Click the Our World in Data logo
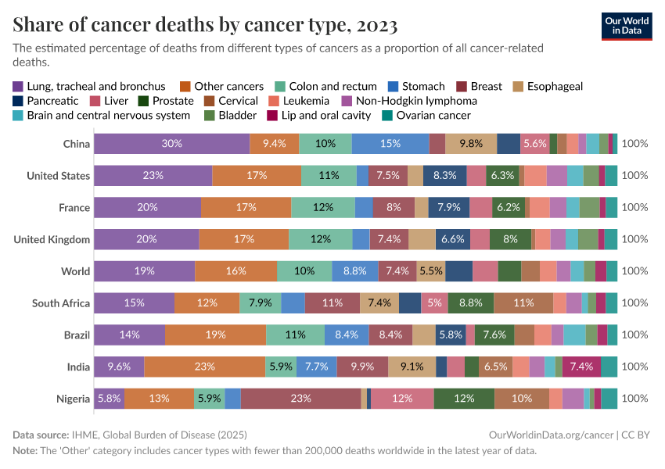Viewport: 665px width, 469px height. [627, 26]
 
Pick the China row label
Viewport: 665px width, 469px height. [77, 144]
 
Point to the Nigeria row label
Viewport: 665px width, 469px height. [73, 399]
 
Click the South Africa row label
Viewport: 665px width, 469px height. [61, 303]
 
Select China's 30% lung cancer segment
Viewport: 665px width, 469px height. [172, 144]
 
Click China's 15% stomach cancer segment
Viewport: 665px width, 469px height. [390, 144]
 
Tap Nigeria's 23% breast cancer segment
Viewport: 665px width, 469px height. [300, 399]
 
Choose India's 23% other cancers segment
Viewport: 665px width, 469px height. [204, 367]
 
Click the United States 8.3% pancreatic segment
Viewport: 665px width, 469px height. [445, 176]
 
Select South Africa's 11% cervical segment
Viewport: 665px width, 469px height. [523, 303]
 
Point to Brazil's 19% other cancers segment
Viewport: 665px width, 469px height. [216, 335]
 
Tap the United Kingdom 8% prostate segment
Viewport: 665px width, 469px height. [510, 239]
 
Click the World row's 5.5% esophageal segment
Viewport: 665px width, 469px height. [431, 271]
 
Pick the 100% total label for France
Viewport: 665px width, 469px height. [634, 207]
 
